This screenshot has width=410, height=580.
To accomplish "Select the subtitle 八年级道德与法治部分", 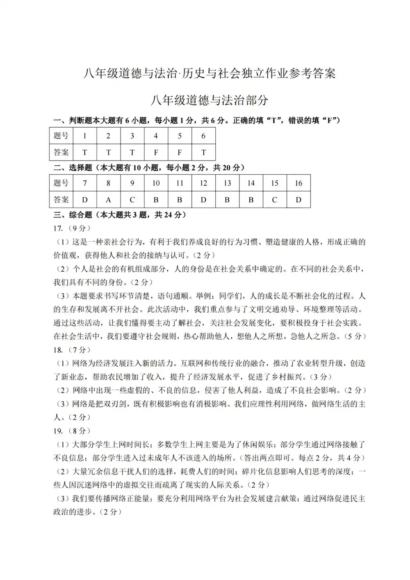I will (210, 100).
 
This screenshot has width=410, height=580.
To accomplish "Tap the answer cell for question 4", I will (156, 152).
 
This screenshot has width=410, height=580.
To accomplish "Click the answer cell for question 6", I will (203, 152).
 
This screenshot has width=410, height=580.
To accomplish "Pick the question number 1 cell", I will (85, 136).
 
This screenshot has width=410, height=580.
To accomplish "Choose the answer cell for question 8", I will (109, 200).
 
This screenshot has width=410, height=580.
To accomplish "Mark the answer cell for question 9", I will (132, 200).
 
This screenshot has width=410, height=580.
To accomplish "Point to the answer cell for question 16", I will (298, 200).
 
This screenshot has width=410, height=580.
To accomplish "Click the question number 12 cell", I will (203, 183).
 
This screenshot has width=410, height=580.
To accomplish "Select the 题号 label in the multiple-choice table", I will (61, 183).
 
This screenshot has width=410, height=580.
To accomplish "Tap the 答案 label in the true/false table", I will (61, 152).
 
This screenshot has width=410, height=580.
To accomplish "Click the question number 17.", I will (58, 228).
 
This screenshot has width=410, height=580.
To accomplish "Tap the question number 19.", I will (58, 431).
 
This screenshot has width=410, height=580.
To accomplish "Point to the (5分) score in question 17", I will (355, 336).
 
